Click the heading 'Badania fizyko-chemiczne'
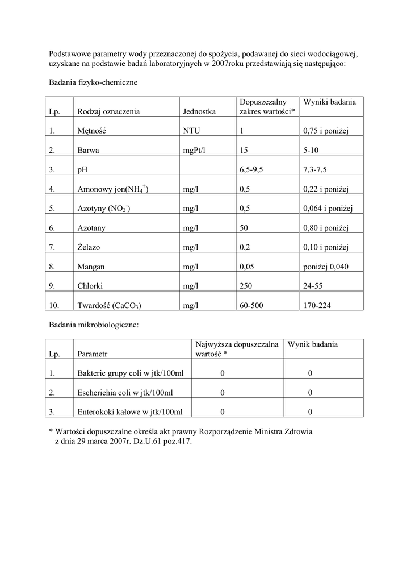93,82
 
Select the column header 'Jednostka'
199,112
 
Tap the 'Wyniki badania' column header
330,102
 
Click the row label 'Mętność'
91,131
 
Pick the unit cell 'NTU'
191,131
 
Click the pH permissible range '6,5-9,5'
252,170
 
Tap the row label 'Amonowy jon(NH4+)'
112,189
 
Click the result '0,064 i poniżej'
328,209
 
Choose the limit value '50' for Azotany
245,228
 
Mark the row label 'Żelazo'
89,247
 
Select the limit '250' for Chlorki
246,286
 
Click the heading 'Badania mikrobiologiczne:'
94,325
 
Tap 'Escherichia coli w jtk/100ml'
125,393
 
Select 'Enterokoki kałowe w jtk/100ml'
129,412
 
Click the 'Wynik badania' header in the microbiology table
312,344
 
